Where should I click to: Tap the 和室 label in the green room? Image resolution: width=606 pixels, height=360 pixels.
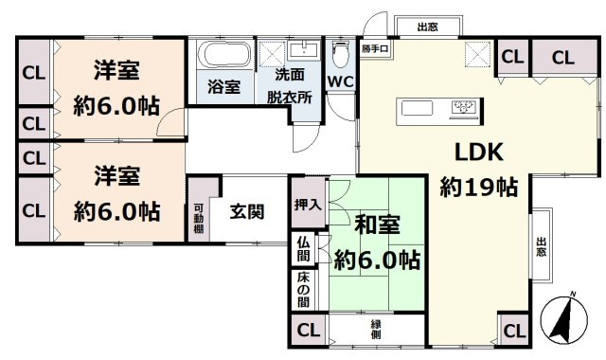click(x=378, y=226)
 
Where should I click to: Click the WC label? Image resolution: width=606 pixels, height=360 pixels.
click(x=340, y=81)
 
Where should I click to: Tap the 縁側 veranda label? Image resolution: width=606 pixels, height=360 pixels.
click(x=377, y=330)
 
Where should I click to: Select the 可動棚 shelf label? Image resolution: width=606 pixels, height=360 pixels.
click(x=199, y=220)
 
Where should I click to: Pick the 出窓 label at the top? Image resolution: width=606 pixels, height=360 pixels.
click(x=427, y=27)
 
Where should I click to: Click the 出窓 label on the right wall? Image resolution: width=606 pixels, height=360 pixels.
click(x=541, y=245)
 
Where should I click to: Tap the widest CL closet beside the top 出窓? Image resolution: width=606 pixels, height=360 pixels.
click(x=562, y=58)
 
